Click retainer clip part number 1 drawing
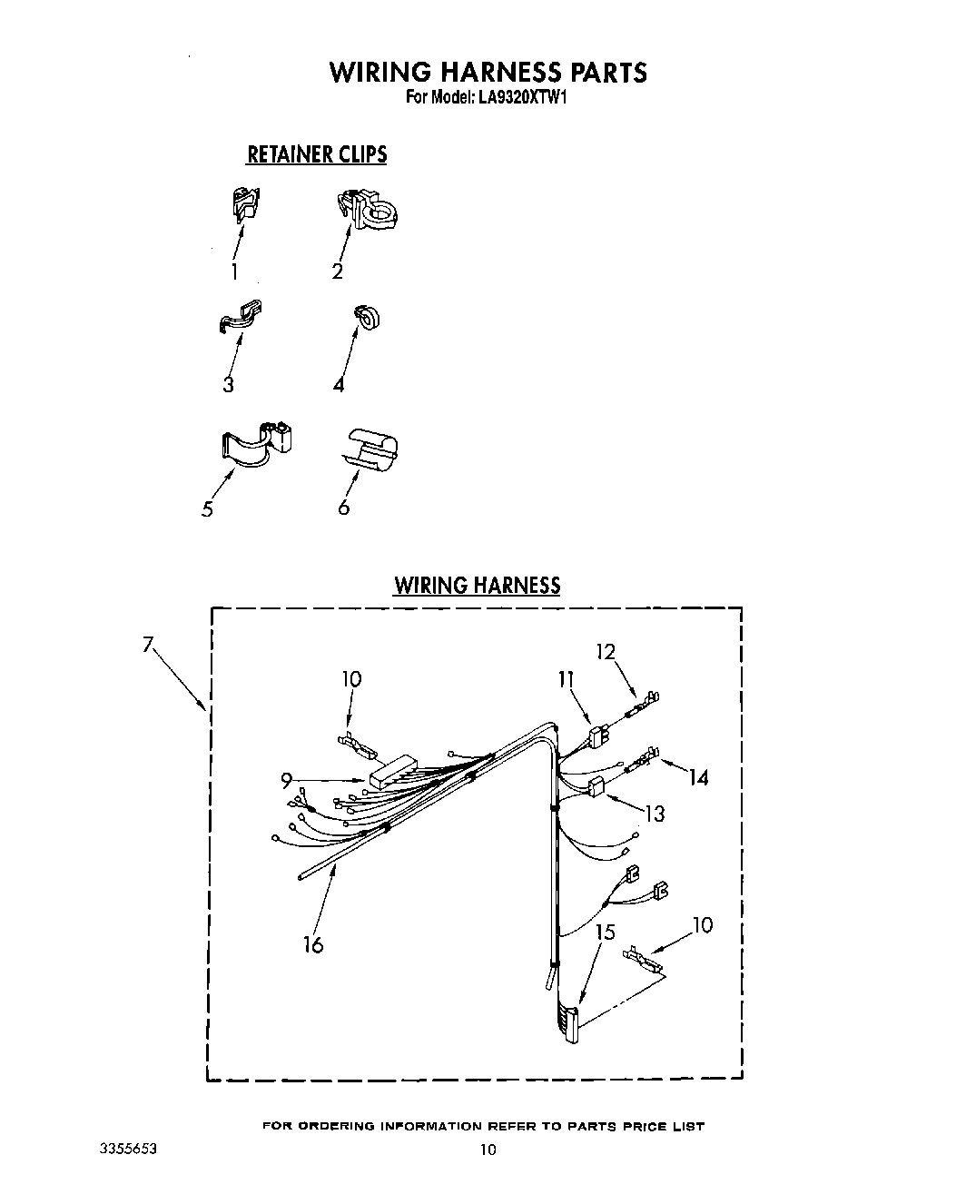pos(244,204)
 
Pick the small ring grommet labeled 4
pos(368,317)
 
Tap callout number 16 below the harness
pos(313,945)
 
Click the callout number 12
pos(606,651)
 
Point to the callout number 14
pos(698,777)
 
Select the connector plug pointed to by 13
pos(596,787)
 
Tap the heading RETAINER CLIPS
pos(317,154)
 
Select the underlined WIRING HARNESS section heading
pos(477,585)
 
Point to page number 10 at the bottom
pos(488,1150)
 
